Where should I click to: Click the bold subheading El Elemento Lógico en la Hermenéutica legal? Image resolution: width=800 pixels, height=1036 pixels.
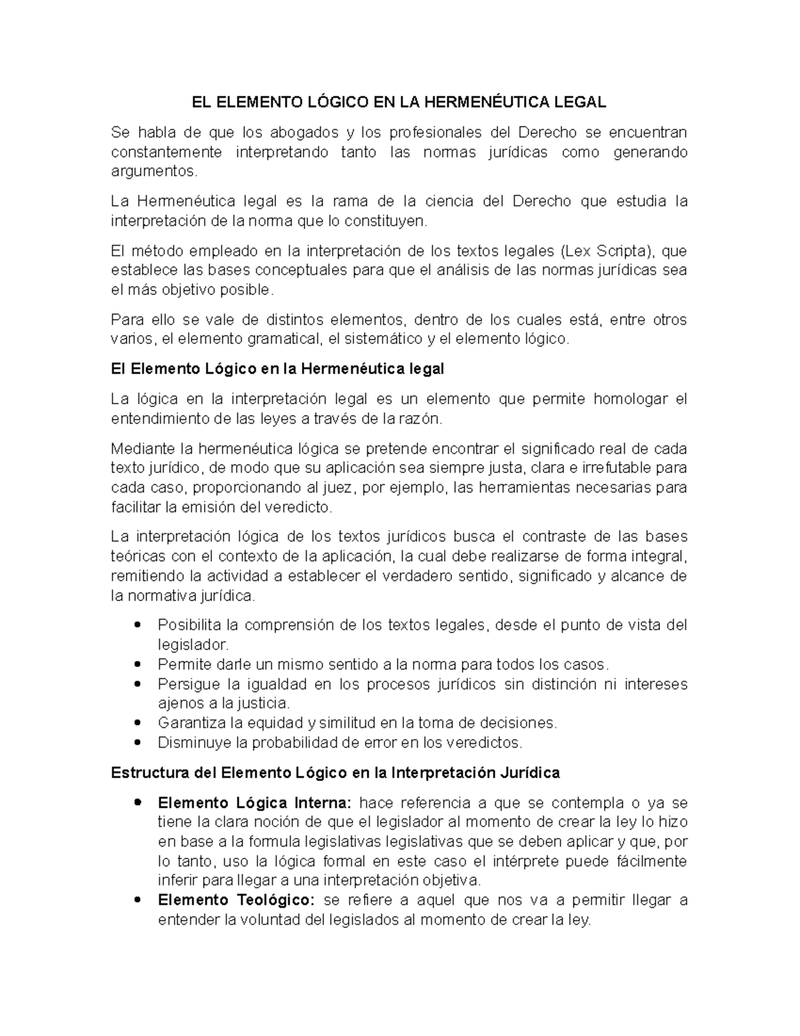tap(277, 369)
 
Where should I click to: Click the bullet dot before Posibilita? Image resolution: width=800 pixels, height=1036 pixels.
tap(137, 626)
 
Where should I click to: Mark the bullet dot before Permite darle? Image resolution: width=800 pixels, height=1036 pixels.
tap(137, 664)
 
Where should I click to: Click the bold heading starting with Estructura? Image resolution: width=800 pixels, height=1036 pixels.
tap(335, 772)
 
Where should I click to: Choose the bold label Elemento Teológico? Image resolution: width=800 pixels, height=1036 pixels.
tap(236, 900)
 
